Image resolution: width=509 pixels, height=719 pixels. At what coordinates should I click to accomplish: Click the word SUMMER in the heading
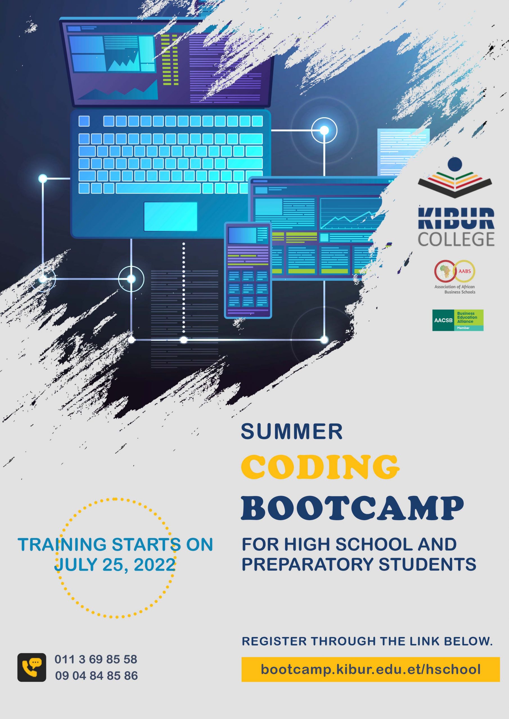[x=291, y=431]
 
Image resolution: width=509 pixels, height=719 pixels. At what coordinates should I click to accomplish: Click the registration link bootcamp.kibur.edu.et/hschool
[x=370, y=670]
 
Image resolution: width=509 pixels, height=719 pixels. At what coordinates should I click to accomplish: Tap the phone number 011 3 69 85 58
[x=96, y=659]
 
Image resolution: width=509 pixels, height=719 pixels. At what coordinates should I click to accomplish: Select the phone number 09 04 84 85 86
[x=96, y=675]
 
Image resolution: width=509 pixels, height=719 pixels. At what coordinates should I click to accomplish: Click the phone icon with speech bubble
[x=32, y=667]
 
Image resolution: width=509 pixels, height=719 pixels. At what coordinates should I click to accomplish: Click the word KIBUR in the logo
[x=456, y=219]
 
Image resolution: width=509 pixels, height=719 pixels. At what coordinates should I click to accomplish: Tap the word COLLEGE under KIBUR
[x=456, y=239]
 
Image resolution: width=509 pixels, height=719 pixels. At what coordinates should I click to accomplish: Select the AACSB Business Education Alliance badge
[x=458, y=320]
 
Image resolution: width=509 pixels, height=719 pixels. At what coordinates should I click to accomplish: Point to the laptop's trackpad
[x=171, y=216]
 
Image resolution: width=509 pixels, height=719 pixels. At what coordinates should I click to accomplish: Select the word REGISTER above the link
[x=274, y=641]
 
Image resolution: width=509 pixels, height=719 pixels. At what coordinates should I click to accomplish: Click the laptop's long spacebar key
[x=158, y=188]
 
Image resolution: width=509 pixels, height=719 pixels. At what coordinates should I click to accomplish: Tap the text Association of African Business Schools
[x=455, y=289]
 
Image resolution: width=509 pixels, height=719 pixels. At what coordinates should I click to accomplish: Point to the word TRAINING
[x=62, y=545]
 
